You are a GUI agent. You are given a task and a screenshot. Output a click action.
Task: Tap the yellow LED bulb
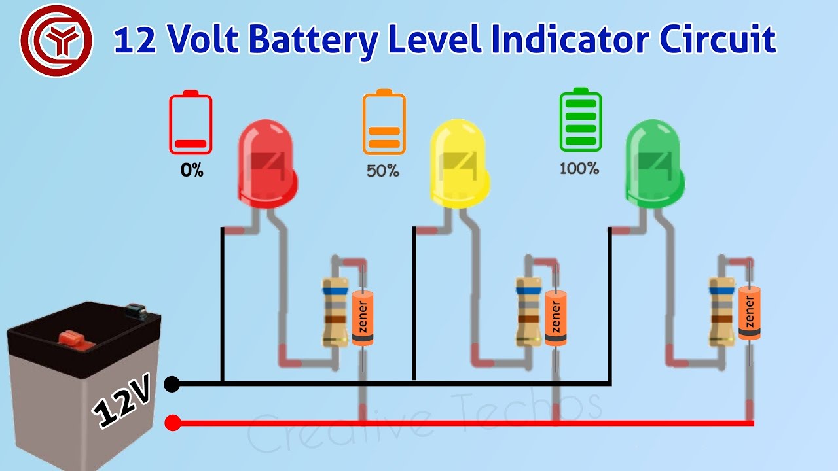[459, 164]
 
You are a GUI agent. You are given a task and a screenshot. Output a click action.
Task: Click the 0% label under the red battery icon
[192, 171]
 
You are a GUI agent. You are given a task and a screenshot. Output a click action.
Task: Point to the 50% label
[383, 171]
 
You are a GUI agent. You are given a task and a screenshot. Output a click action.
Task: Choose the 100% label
[579, 168]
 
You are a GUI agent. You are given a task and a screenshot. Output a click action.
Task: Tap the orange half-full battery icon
[384, 122]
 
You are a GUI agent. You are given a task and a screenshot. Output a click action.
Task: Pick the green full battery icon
[580, 120]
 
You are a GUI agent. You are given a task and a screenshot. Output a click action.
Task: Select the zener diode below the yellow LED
[556, 318]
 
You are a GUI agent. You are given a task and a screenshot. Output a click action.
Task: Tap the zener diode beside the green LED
[750, 313]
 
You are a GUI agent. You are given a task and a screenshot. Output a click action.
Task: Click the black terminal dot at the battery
[172, 384]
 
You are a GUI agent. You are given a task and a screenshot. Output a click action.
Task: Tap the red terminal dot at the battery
[172, 423]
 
